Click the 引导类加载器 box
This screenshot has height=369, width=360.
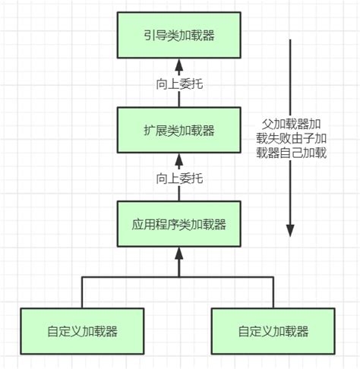(x=180, y=34)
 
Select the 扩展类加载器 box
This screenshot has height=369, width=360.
(x=180, y=130)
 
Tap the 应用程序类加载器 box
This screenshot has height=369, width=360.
(x=180, y=225)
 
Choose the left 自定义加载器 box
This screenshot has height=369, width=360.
(x=82, y=331)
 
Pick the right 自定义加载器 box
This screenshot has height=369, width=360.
(x=273, y=331)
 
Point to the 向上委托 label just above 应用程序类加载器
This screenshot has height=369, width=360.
(x=180, y=179)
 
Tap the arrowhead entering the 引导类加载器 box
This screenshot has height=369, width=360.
(x=180, y=63)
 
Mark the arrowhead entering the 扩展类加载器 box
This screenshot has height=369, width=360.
(x=180, y=159)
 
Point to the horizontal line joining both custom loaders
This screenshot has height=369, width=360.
(x=180, y=278)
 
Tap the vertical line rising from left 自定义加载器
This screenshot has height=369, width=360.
(x=82, y=292)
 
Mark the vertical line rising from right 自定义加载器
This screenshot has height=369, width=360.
(x=273, y=292)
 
